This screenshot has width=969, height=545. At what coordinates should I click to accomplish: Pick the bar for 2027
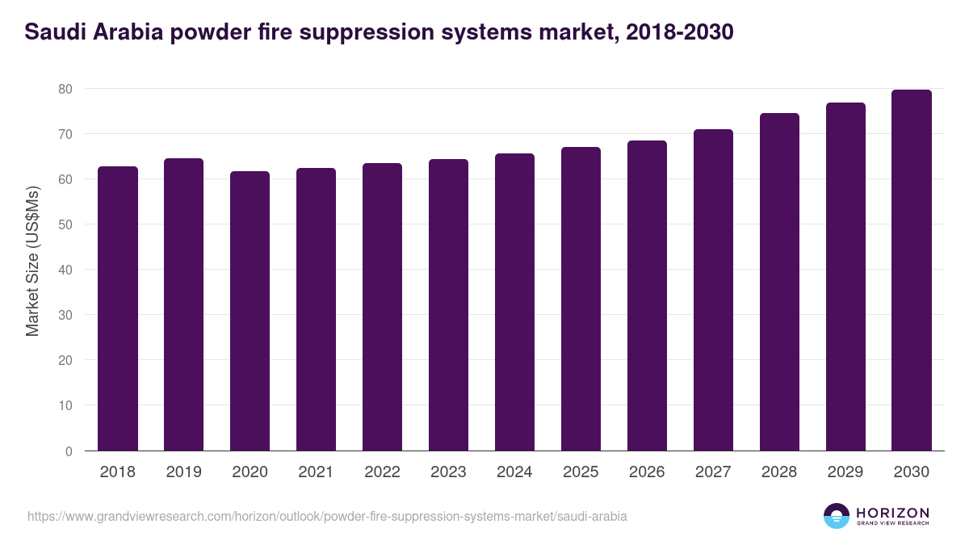[713, 290]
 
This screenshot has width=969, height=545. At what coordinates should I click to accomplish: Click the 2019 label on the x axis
[184, 472]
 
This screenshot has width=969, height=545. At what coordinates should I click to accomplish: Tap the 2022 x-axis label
[382, 472]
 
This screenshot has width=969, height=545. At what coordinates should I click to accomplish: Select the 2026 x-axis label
[647, 472]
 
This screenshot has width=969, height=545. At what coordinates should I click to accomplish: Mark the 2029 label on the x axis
[845, 472]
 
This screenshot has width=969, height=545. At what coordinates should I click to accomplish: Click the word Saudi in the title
[53, 32]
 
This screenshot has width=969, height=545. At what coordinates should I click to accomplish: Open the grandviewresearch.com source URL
[327, 516]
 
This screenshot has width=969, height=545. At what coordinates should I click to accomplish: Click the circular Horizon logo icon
[837, 516]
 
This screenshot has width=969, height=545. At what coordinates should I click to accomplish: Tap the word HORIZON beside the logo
[893, 512]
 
